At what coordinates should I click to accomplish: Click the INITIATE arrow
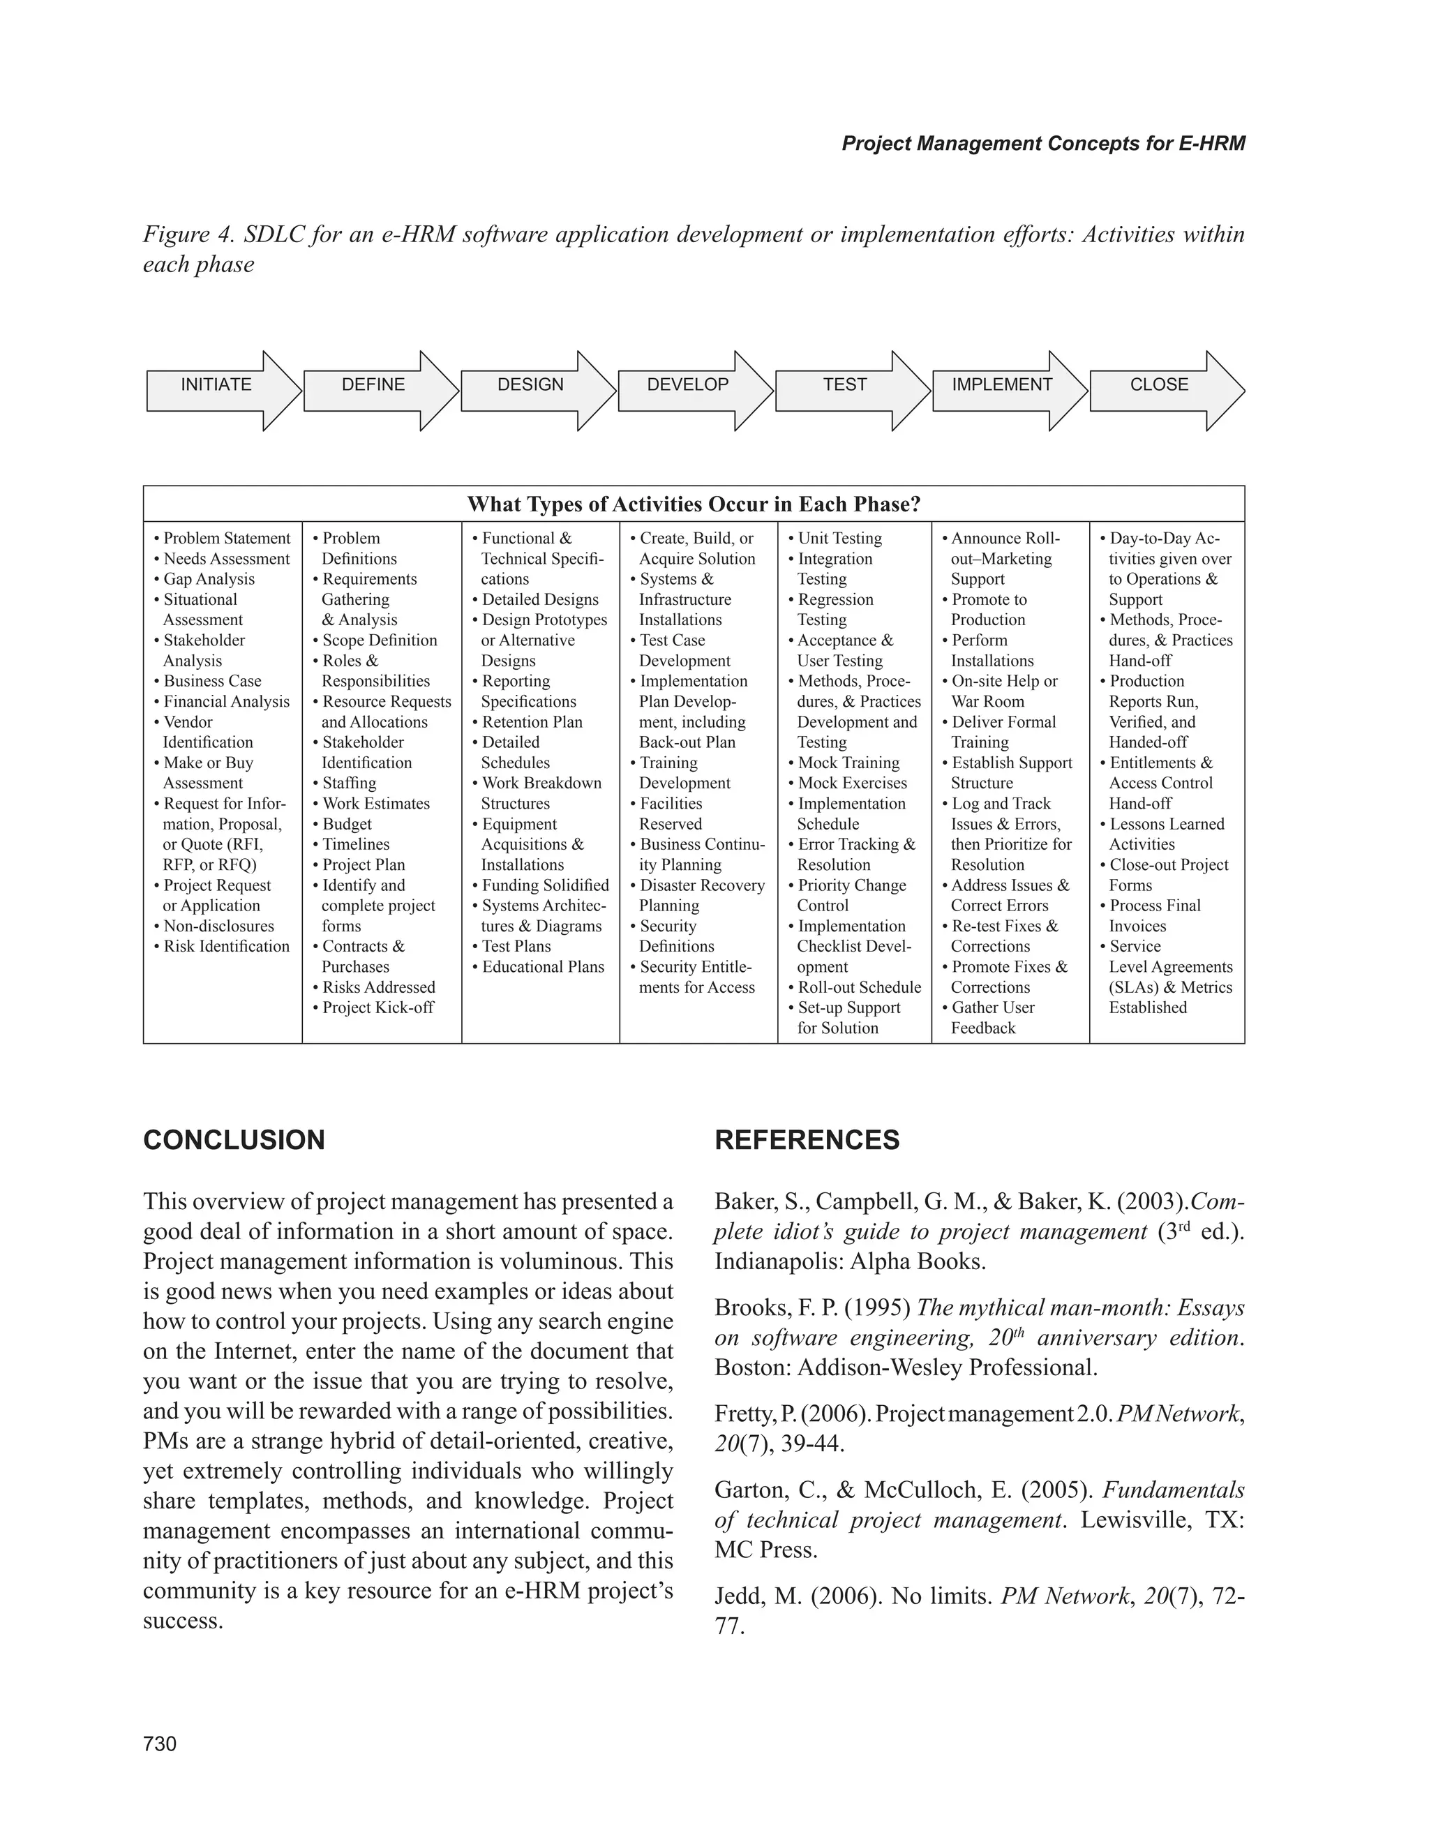click(216, 386)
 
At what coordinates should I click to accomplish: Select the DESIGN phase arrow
click(531, 386)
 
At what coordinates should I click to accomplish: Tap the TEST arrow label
click(844, 385)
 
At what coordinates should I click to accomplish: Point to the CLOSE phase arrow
click(1159, 386)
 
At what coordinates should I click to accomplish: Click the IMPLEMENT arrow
click(1002, 386)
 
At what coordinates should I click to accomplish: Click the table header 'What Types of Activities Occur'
click(693, 504)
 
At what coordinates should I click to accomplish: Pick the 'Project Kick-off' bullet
click(377, 1007)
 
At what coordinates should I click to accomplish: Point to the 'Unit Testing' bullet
click(839, 539)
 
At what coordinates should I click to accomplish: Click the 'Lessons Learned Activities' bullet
click(1166, 834)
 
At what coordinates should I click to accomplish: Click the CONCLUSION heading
click(234, 1141)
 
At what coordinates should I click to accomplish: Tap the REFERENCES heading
click(807, 1141)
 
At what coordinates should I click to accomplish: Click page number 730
click(160, 1744)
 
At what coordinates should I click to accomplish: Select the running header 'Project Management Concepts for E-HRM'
click(1043, 144)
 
